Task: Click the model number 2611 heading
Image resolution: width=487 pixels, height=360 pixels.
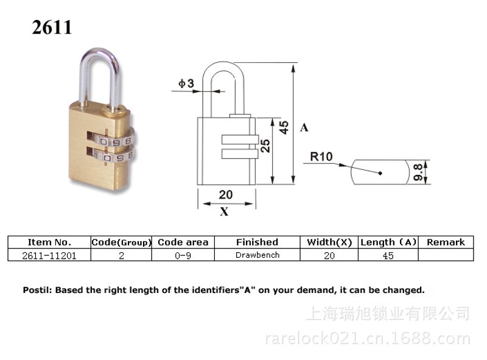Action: point(52,27)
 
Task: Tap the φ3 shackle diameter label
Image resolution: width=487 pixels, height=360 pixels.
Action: point(186,83)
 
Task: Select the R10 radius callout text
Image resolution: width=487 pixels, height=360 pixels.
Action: point(321,157)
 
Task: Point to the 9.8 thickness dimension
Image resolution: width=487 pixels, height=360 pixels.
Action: point(418,172)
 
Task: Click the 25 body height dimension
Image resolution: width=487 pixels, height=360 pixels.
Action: point(265,146)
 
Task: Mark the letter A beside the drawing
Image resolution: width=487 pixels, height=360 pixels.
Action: point(304,127)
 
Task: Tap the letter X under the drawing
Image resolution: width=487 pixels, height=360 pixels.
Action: point(224,212)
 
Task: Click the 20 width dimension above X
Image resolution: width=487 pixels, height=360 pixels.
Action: point(225,194)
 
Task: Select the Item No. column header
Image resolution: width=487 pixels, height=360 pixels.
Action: point(49,242)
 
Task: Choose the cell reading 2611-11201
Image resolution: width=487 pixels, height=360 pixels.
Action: point(49,256)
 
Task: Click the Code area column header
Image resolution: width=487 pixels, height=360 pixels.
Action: point(183,242)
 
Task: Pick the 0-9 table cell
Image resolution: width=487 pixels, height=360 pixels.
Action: point(183,256)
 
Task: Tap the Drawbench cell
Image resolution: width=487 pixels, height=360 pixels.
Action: point(258,255)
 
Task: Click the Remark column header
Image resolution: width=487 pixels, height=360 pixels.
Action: point(446,242)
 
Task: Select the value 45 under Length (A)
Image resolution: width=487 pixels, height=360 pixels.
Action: point(388,256)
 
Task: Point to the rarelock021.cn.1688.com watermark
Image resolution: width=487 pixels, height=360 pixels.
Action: point(368,338)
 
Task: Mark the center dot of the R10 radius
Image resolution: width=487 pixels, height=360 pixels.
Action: point(380,173)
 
